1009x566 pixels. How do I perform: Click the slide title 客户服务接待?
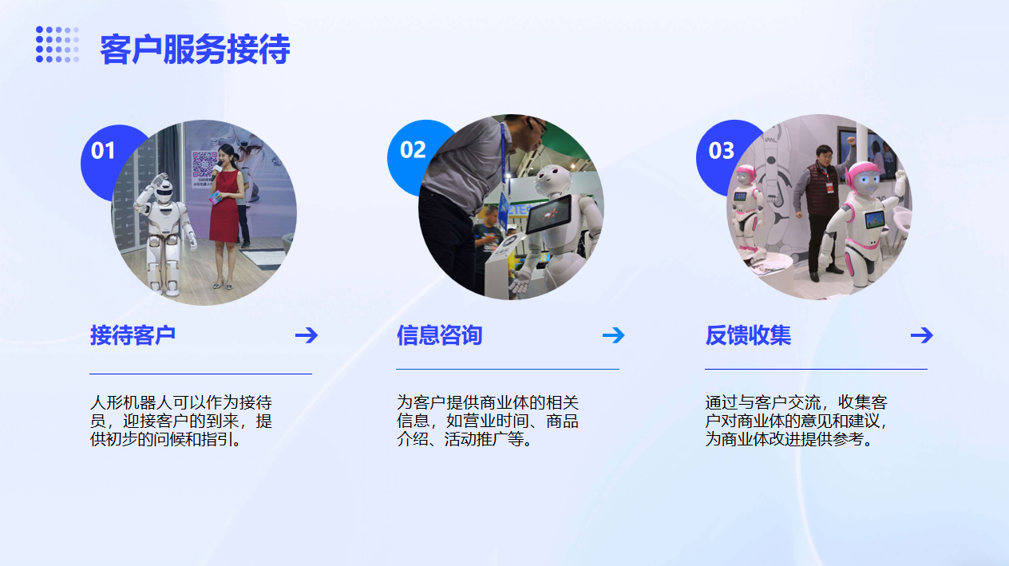(195, 49)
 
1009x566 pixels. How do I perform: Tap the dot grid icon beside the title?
(57, 44)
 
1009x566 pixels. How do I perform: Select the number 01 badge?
(103, 151)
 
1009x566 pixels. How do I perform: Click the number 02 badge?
(413, 149)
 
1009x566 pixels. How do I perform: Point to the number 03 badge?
(721, 151)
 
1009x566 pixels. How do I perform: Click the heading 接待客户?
(133, 335)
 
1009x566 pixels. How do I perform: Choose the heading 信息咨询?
(439, 335)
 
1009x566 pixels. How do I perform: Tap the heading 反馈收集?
(748, 335)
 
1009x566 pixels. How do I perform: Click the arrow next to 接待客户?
(307, 335)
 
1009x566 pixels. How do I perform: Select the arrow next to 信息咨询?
(614, 335)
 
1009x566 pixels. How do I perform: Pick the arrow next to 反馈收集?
(922, 335)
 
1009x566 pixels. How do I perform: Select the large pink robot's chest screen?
(875, 220)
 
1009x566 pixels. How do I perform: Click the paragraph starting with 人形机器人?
(181, 421)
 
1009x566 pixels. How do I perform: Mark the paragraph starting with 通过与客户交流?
(797, 421)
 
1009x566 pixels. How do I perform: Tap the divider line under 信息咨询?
(508, 369)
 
